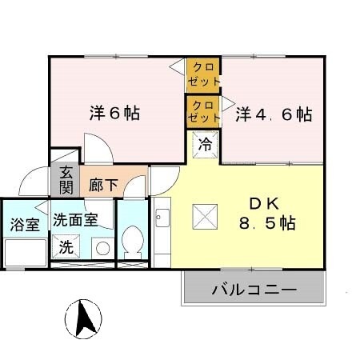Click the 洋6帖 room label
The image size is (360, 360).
[114, 114]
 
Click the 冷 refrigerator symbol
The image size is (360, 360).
[204, 146]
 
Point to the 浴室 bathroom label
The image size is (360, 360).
[25, 223]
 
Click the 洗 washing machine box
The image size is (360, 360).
[66, 247]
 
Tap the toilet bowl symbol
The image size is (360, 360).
[134, 239]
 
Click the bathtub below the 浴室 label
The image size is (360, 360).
[25, 253]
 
